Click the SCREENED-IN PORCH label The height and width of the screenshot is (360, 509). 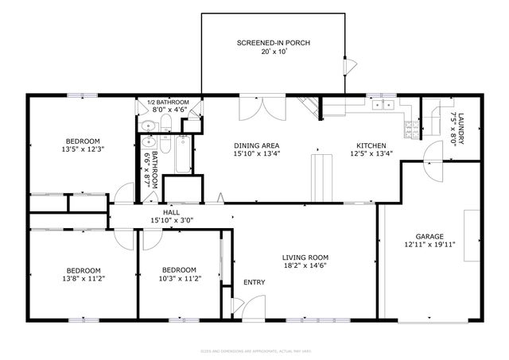(273, 42)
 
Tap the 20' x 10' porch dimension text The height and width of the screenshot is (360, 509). (273, 52)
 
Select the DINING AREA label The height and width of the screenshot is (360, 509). (255, 145)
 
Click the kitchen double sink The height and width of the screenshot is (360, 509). (387, 105)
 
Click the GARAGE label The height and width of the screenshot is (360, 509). (429, 236)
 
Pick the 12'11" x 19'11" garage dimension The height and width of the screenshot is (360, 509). (429, 246)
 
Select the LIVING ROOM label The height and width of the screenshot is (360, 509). (305, 257)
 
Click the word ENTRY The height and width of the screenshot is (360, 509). (254, 282)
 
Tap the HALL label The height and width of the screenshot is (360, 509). (171, 212)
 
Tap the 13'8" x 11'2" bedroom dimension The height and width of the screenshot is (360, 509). (83, 279)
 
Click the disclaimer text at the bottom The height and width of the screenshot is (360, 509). (254, 350)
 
